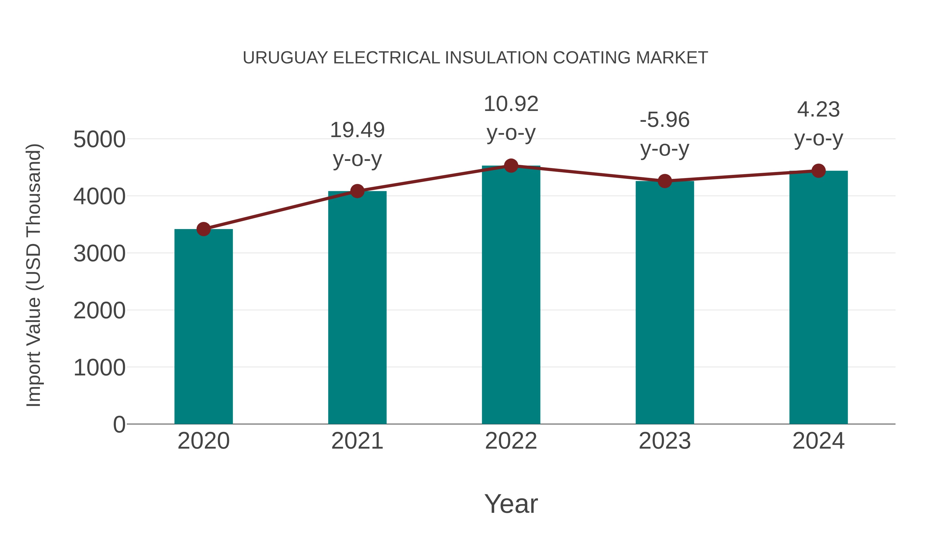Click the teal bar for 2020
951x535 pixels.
point(203,327)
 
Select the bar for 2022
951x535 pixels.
point(511,295)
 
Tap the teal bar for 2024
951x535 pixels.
point(818,297)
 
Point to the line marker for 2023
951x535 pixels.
point(665,181)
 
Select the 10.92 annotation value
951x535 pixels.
point(511,104)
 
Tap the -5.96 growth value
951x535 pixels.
point(665,120)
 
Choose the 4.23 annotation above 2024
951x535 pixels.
point(818,109)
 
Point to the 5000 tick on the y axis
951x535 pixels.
point(99,139)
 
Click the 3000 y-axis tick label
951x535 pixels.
point(99,254)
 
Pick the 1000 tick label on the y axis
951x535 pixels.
point(99,368)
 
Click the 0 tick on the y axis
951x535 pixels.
point(119,424)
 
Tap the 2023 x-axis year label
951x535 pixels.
point(665,441)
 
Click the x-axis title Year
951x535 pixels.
point(511,504)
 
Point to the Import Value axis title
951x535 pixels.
point(34,275)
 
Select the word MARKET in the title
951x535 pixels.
point(672,58)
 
